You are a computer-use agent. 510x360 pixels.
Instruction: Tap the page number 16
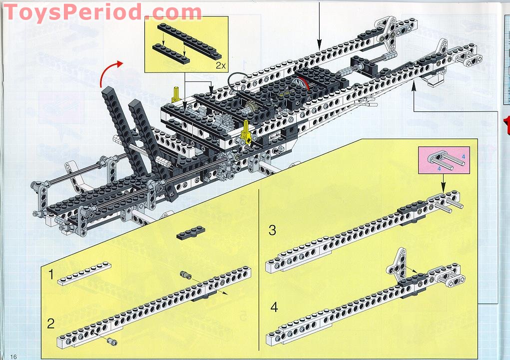(x=13, y=356)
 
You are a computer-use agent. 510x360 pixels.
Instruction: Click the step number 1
(x=51, y=274)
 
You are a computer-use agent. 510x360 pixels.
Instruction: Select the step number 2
(x=51, y=323)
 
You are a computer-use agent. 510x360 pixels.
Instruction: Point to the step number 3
(x=272, y=230)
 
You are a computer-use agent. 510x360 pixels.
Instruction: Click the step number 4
(x=274, y=307)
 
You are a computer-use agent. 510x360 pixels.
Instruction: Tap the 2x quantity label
(x=220, y=65)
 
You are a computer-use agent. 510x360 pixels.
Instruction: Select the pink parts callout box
(x=444, y=160)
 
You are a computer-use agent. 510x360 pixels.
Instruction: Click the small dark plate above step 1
(x=191, y=232)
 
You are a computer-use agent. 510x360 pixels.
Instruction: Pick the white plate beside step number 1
(x=84, y=273)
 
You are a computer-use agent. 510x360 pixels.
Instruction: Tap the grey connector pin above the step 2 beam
(x=185, y=275)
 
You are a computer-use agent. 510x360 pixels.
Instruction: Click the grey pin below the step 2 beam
(x=112, y=341)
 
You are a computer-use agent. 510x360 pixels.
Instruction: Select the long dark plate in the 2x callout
(x=189, y=40)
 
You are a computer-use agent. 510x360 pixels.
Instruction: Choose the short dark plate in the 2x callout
(x=171, y=53)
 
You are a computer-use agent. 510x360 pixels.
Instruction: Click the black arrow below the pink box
(x=443, y=183)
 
